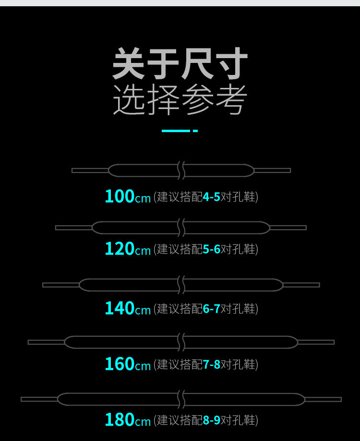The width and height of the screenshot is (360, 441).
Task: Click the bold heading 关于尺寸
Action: coord(180,64)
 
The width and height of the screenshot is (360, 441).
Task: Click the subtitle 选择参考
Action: coord(180,99)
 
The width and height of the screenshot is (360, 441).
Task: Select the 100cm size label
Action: coord(128,196)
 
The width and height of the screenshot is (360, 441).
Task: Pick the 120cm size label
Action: coord(128,249)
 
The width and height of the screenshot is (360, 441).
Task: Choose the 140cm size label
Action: coord(128,308)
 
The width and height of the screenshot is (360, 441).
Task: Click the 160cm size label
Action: coord(128,364)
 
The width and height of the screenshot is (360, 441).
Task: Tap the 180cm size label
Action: coord(128,420)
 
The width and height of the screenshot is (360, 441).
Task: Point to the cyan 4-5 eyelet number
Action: coord(211,197)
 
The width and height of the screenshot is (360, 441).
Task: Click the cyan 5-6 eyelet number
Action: coord(211,249)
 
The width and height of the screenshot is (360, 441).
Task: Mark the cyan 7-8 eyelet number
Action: coord(211,365)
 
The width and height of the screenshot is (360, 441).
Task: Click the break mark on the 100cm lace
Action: coord(181,171)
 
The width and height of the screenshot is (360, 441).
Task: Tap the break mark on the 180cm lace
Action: coord(181,399)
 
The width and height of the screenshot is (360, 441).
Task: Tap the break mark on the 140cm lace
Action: coord(181,285)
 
